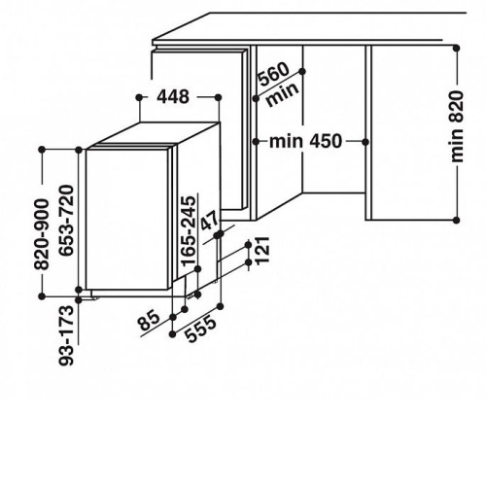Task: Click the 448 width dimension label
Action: click(x=173, y=97)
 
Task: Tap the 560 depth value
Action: click(x=274, y=74)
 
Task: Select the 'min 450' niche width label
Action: click(x=305, y=142)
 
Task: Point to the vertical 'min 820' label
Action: click(x=457, y=126)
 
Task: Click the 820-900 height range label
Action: click(x=42, y=234)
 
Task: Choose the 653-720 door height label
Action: click(x=67, y=221)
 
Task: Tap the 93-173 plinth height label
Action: click(x=66, y=335)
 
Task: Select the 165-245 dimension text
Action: click(x=189, y=231)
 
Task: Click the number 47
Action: click(x=211, y=221)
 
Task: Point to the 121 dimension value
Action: click(x=262, y=250)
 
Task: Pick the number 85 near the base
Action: click(x=149, y=321)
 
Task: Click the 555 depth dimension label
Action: click(x=201, y=329)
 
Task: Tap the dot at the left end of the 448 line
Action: click(x=139, y=97)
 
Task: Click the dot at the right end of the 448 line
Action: click(x=218, y=97)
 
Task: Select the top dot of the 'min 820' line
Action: click(x=457, y=49)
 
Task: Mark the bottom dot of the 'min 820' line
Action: click(x=457, y=221)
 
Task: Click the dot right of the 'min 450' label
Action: click(x=365, y=142)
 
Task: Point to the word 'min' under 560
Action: click(x=282, y=94)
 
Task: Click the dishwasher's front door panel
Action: click(x=127, y=219)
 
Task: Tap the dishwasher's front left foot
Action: click(x=94, y=298)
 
